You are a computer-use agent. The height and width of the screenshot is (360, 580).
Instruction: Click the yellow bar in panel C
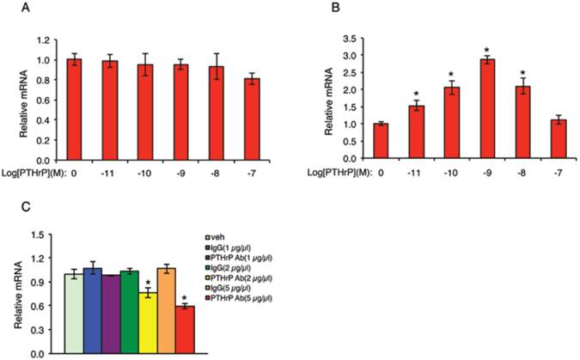pyautogui.click(x=150, y=322)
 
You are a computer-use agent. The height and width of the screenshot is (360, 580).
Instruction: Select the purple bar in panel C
pyautogui.click(x=112, y=314)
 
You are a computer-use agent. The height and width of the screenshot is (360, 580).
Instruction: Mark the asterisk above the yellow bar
pyautogui.click(x=150, y=283)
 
